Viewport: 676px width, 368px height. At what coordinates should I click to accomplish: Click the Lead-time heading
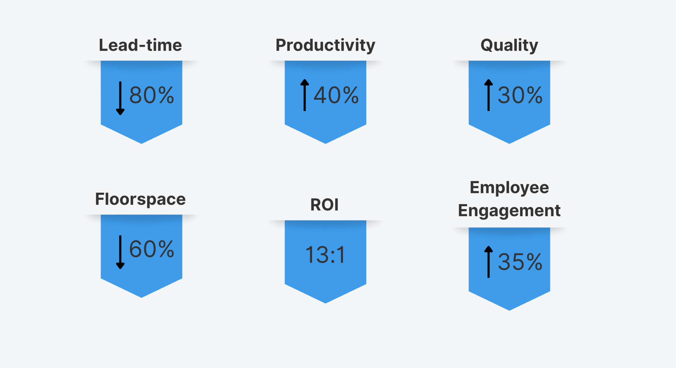coord(140,45)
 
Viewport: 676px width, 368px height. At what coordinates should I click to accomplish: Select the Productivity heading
coord(325,45)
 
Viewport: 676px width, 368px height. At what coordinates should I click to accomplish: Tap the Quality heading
coord(509,45)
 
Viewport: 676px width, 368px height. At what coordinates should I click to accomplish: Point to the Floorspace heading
coord(140,199)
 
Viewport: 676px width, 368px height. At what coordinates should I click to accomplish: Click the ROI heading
coord(324,205)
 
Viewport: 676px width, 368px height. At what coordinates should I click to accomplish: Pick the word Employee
coord(509,188)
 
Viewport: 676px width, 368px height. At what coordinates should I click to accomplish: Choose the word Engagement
coord(509,211)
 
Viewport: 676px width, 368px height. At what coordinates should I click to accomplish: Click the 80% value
coord(152,95)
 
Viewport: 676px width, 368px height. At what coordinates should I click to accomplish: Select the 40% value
coord(336,95)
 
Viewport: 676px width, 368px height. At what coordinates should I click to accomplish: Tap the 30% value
coord(520,95)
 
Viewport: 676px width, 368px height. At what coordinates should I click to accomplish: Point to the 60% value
coord(152,249)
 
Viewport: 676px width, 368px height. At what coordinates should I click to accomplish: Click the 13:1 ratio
coord(325,255)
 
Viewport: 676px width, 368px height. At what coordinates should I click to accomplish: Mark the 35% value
coord(520,262)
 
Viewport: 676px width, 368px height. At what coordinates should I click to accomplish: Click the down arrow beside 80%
coord(120,98)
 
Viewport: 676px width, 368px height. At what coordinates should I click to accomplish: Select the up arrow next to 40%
coord(304,95)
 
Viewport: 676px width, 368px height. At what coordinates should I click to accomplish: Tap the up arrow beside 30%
coord(488,95)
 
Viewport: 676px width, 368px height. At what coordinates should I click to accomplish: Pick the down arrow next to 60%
coord(120,252)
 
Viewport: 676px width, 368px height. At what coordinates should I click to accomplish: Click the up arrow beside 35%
coord(488,262)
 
